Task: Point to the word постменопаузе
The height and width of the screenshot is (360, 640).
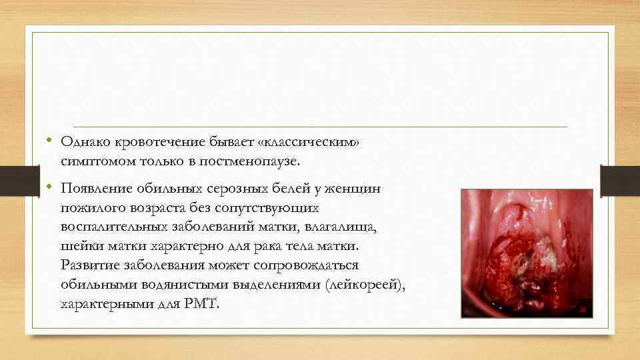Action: pyautogui.click(x=253, y=161)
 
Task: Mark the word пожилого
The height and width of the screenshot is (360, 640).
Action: pyautogui.click(x=88, y=208)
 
